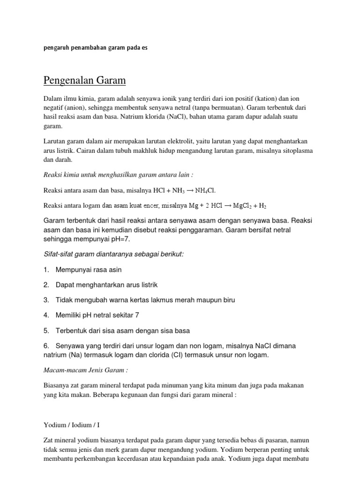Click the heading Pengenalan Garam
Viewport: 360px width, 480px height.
[x=85, y=81]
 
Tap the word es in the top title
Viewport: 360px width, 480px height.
[x=144, y=48]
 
